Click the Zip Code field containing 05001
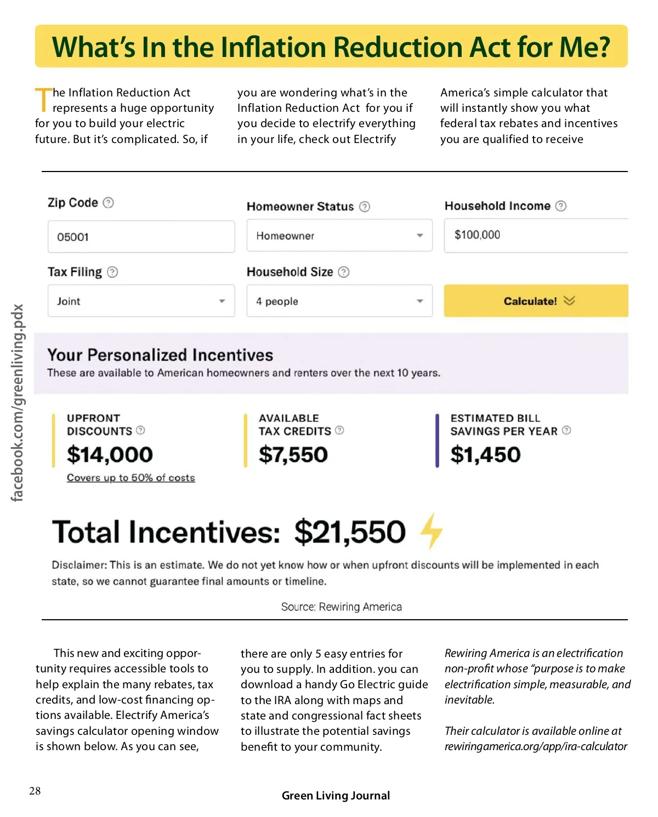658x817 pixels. pyautogui.click(x=141, y=237)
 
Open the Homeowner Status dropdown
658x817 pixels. pyautogui.click(x=339, y=236)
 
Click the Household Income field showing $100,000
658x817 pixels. pyautogui.click(x=535, y=235)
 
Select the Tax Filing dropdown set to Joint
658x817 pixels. pyautogui.click(x=141, y=301)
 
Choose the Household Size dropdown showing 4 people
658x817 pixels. pyautogui.click(x=339, y=301)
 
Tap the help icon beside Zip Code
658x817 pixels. pyautogui.click(x=109, y=203)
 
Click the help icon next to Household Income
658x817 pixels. pyautogui.click(x=560, y=206)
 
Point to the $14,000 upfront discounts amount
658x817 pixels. pyautogui.click(x=110, y=455)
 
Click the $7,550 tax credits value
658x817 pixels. pyautogui.click(x=293, y=455)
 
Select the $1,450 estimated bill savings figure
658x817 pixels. pyautogui.click(x=485, y=455)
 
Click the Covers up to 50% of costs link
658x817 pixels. pyautogui.click(x=131, y=478)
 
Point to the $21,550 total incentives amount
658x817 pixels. pyautogui.click(x=350, y=532)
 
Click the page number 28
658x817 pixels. pyautogui.click(x=35, y=791)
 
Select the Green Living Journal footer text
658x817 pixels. pyautogui.click(x=336, y=796)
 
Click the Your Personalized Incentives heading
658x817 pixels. pyautogui.click(x=160, y=355)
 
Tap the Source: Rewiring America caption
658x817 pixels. pyautogui.click(x=341, y=607)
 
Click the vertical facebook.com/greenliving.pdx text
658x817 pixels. pyautogui.click(x=18, y=403)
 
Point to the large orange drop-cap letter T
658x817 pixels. pyautogui.click(x=43, y=99)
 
